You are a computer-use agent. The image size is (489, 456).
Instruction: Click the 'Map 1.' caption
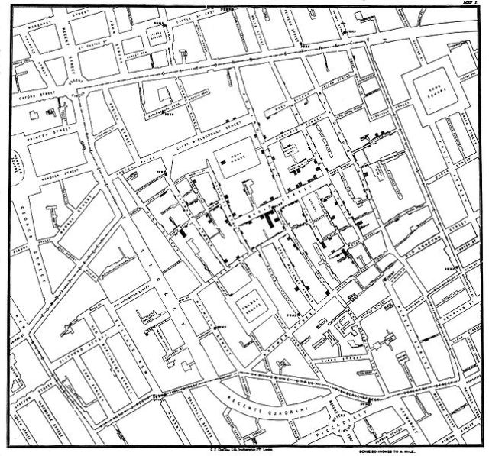pos(468,3)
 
